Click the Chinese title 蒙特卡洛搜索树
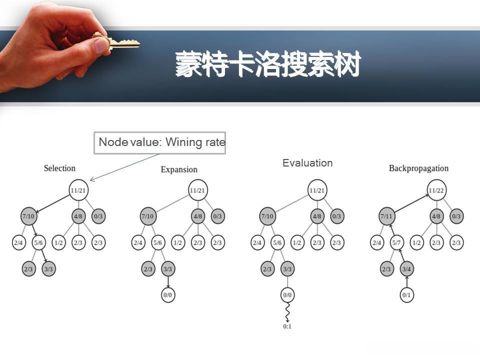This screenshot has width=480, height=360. (267, 65)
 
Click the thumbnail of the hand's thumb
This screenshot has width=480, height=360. (102, 45)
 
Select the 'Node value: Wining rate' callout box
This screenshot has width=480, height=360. (159, 142)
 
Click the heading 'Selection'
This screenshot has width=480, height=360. (59, 168)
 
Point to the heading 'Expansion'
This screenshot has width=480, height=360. (179, 169)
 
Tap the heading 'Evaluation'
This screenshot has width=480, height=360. (307, 163)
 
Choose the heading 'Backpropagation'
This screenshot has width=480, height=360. (418, 168)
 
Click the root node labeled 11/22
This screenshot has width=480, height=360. (436, 190)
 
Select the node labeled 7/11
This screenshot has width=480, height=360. (386, 216)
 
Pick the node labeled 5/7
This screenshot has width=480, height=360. (397, 242)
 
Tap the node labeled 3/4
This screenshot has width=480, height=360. (407, 269)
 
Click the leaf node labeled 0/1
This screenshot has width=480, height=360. (407, 295)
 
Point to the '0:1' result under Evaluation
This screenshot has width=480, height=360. (287, 326)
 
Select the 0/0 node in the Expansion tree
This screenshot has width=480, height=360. (167, 295)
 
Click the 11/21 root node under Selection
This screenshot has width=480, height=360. (78, 190)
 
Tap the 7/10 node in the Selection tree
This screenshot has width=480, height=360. (28, 216)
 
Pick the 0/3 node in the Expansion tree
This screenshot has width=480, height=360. (217, 216)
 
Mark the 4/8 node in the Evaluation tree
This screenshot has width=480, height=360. (317, 216)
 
